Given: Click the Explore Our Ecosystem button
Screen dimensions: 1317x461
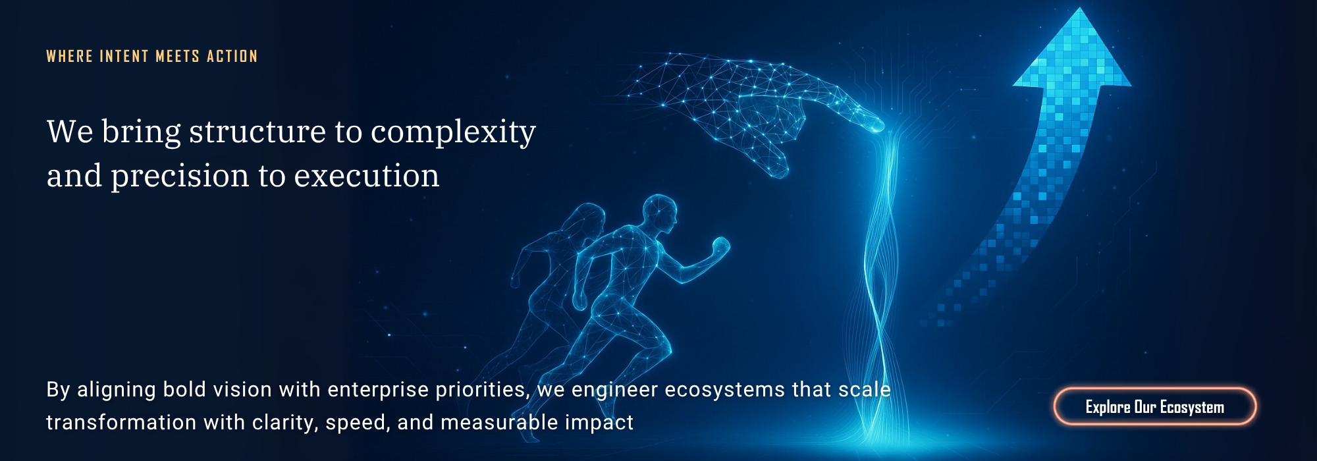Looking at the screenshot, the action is point(1154,406).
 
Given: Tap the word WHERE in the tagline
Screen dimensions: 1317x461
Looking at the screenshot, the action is point(70,57).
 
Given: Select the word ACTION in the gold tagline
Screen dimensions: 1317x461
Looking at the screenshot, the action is point(232,57).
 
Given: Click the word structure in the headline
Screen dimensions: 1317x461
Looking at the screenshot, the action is point(257,131).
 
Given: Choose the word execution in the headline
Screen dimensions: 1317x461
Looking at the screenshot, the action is point(366,176).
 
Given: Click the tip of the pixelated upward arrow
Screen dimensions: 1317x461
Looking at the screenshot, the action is point(1080,9).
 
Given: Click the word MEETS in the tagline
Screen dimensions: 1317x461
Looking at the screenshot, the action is point(178,57).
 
